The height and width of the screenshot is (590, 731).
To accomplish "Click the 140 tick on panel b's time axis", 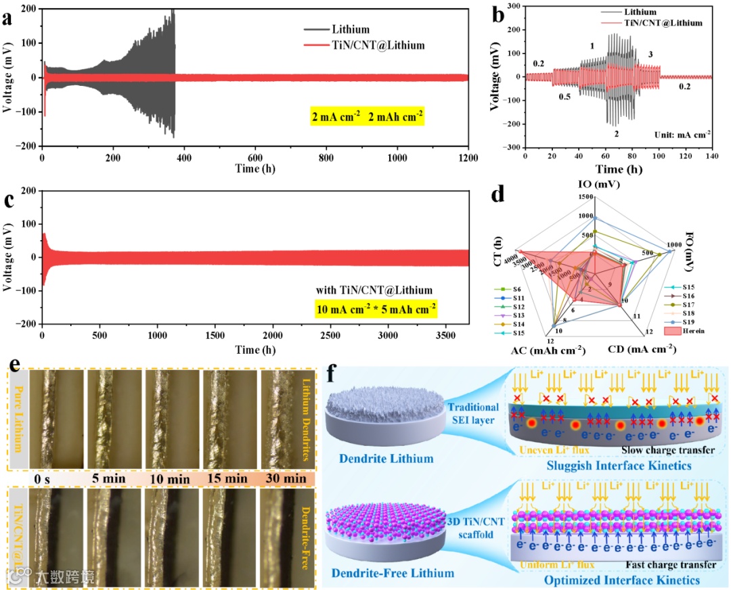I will (711, 156).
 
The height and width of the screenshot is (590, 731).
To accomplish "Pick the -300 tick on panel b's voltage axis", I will (512, 147).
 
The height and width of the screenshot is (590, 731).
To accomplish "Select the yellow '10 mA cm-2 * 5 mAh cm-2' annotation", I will (375, 309).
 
